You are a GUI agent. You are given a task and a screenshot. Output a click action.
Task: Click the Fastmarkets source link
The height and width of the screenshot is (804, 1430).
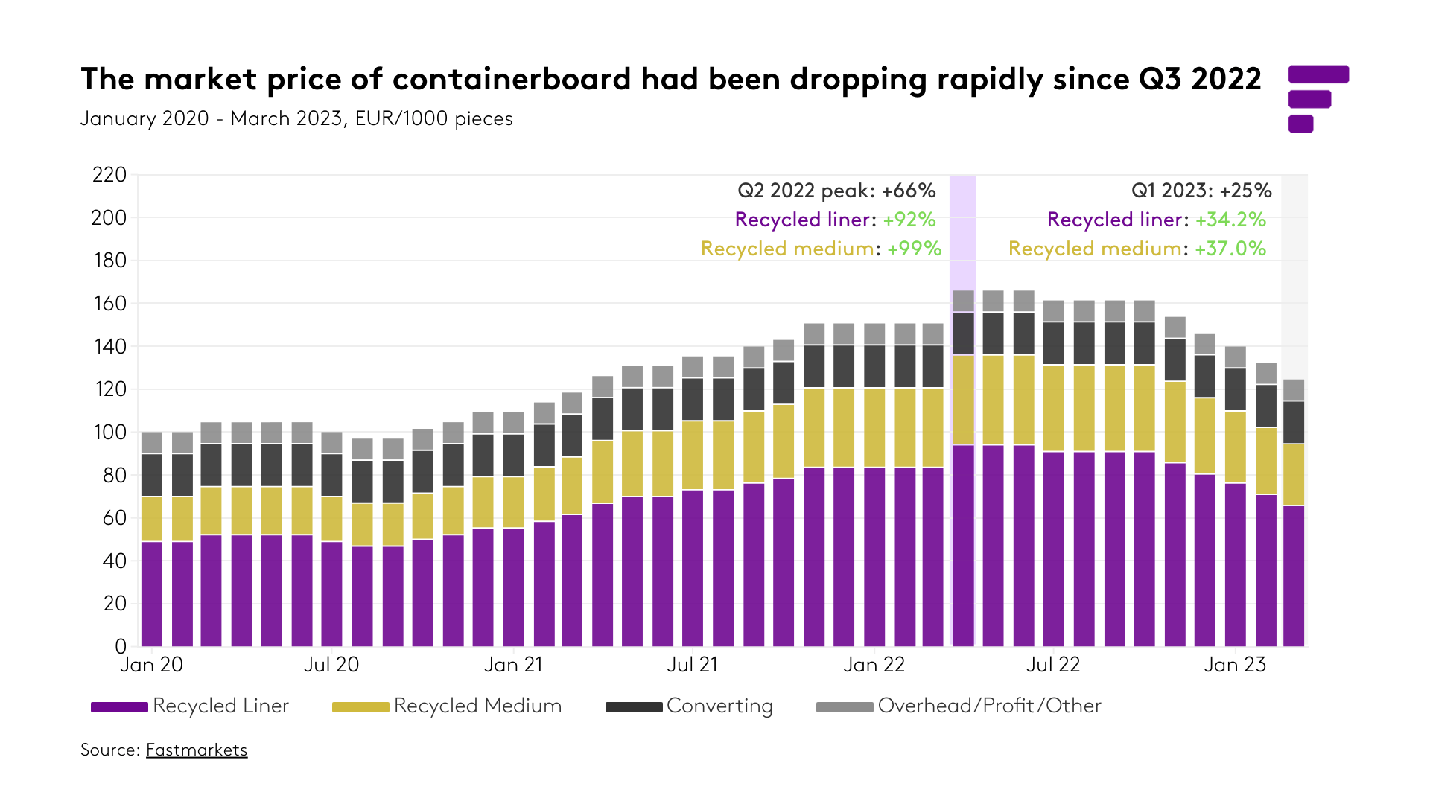[197, 750]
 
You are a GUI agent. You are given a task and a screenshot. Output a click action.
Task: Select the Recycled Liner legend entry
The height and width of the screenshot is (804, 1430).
[190, 706]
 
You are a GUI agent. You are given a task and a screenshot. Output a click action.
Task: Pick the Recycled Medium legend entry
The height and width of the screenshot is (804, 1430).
[447, 706]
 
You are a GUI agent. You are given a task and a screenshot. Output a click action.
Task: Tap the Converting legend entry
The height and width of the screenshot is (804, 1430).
[689, 706]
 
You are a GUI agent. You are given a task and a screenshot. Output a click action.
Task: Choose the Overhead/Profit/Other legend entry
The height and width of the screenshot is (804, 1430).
[959, 706]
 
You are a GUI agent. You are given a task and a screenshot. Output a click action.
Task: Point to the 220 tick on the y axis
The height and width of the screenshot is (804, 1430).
[109, 175]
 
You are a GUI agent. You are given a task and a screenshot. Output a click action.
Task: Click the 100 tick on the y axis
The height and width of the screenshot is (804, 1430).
[109, 433]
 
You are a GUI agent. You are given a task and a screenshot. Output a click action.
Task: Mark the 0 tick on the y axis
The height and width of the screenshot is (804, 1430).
[121, 646]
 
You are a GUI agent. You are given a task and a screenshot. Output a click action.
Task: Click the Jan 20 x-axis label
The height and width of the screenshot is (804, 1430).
[152, 665]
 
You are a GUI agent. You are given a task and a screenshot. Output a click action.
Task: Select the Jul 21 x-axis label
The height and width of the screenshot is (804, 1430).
[693, 665]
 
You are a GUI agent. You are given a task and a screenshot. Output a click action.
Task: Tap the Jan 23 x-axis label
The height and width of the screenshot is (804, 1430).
[1235, 665]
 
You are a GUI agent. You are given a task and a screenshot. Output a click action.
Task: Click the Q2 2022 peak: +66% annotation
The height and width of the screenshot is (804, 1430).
[836, 191]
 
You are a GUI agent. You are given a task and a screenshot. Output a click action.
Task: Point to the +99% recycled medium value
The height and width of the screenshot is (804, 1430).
[914, 249]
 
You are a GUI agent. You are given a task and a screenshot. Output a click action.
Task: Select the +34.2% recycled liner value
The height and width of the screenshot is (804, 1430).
[1230, 220]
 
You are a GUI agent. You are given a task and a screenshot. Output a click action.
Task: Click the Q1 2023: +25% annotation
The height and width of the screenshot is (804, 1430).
[1201, 191]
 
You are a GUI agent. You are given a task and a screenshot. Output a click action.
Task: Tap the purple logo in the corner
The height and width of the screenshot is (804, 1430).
[1317, 98]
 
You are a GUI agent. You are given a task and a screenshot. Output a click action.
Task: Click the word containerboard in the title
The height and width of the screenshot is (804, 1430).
[512, 79]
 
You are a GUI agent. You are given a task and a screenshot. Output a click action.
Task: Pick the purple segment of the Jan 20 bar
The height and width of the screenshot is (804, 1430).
[152, 593]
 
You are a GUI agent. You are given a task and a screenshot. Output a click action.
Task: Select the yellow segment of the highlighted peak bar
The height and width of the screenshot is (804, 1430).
[963, 400]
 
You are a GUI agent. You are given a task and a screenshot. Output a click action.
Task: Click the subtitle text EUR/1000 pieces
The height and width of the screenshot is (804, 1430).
[433, 119]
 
